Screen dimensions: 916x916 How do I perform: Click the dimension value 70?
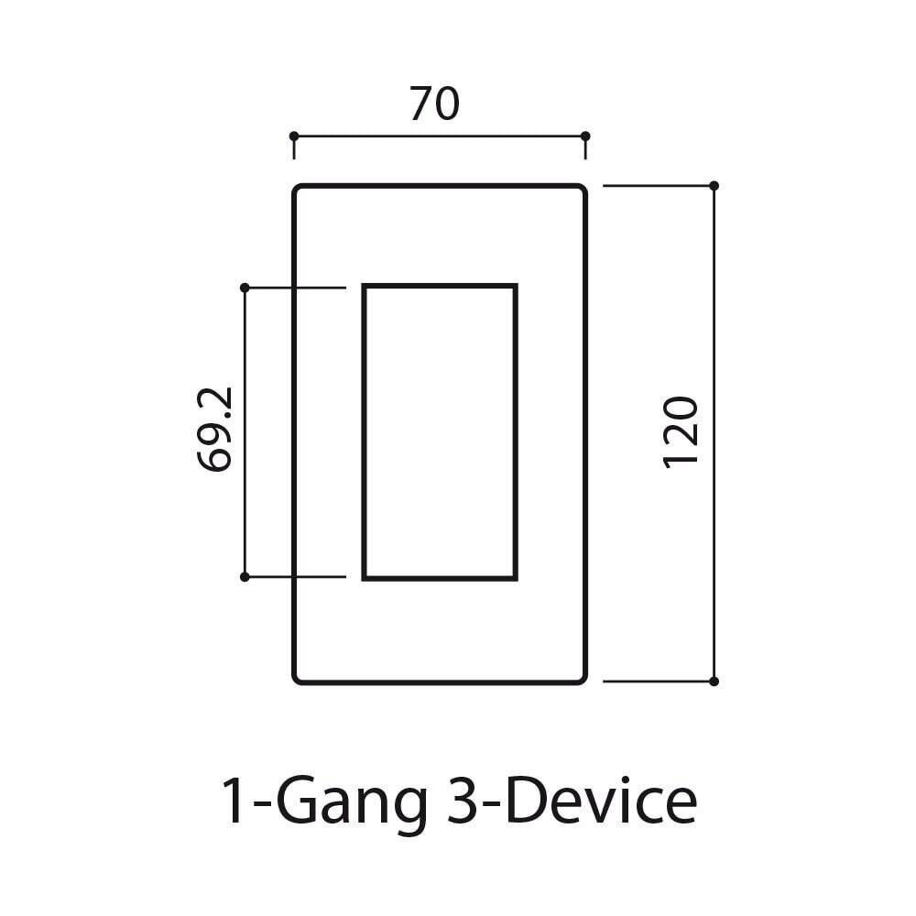[434, 104]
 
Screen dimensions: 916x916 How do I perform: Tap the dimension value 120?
[681, 431]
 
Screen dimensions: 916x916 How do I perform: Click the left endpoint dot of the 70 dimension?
[294, 136]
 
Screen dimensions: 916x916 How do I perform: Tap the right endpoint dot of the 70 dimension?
[585, 136]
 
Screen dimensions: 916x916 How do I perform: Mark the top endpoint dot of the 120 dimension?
[714, 185]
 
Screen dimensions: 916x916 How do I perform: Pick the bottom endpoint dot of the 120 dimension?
[714, 682]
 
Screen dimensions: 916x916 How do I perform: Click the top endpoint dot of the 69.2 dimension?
[245, 288]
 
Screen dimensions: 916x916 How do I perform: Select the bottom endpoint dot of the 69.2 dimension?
[245, 577]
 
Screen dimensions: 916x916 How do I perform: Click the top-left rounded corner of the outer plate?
[298, 190]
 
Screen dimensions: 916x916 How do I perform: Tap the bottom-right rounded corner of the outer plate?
[582, 679]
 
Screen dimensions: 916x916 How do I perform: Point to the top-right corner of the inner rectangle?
[516, 287]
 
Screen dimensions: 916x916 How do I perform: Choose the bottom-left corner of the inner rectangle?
[365, 578]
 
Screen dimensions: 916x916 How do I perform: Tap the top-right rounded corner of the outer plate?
[582, 190]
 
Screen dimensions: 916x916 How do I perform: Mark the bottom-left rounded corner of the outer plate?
[298, 679]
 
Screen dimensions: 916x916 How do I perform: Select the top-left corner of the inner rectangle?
[365, 287]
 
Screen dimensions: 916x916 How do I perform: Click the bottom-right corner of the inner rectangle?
[516, 578]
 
